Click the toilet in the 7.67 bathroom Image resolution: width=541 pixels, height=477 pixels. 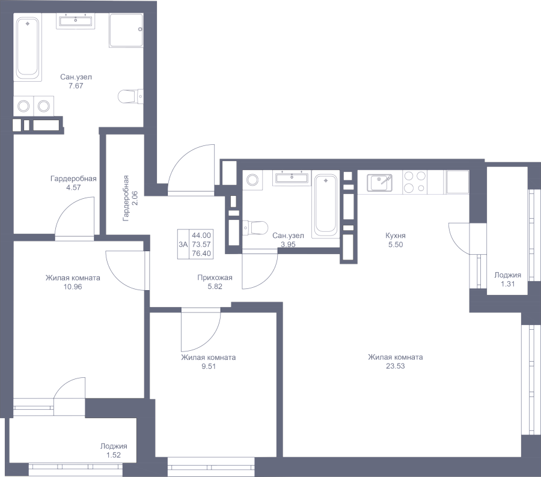click(131, 96)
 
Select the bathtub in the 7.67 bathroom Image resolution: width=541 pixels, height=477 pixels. click(28, 47)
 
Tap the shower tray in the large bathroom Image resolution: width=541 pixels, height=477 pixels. click(126, 31)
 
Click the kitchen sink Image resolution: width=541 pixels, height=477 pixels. click(379, 183)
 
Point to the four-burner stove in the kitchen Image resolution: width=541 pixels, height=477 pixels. click(415, 182)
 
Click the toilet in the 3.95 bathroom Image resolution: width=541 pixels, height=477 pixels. click(255, 228)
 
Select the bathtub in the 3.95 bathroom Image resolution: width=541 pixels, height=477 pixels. click(325, 206)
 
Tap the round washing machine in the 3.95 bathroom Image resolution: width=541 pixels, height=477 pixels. click(252, 180)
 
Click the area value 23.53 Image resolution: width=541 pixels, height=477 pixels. click(396, 366)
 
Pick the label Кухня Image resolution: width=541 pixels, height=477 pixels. click(396, 235)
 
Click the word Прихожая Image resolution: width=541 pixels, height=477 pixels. click(215, 278)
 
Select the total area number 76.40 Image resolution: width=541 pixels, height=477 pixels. click(201, 254)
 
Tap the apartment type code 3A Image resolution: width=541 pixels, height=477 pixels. click(183, 244)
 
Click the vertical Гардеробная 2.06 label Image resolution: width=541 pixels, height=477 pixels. click(130, 198)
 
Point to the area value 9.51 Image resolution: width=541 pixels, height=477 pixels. click(209, 366)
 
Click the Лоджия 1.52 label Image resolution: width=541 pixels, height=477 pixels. click(114, 451)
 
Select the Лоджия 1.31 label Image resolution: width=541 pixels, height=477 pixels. click(507, 279)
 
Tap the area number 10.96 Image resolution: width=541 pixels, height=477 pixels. click(73, 287)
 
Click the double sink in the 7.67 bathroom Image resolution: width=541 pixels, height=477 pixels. click(76, 21)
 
